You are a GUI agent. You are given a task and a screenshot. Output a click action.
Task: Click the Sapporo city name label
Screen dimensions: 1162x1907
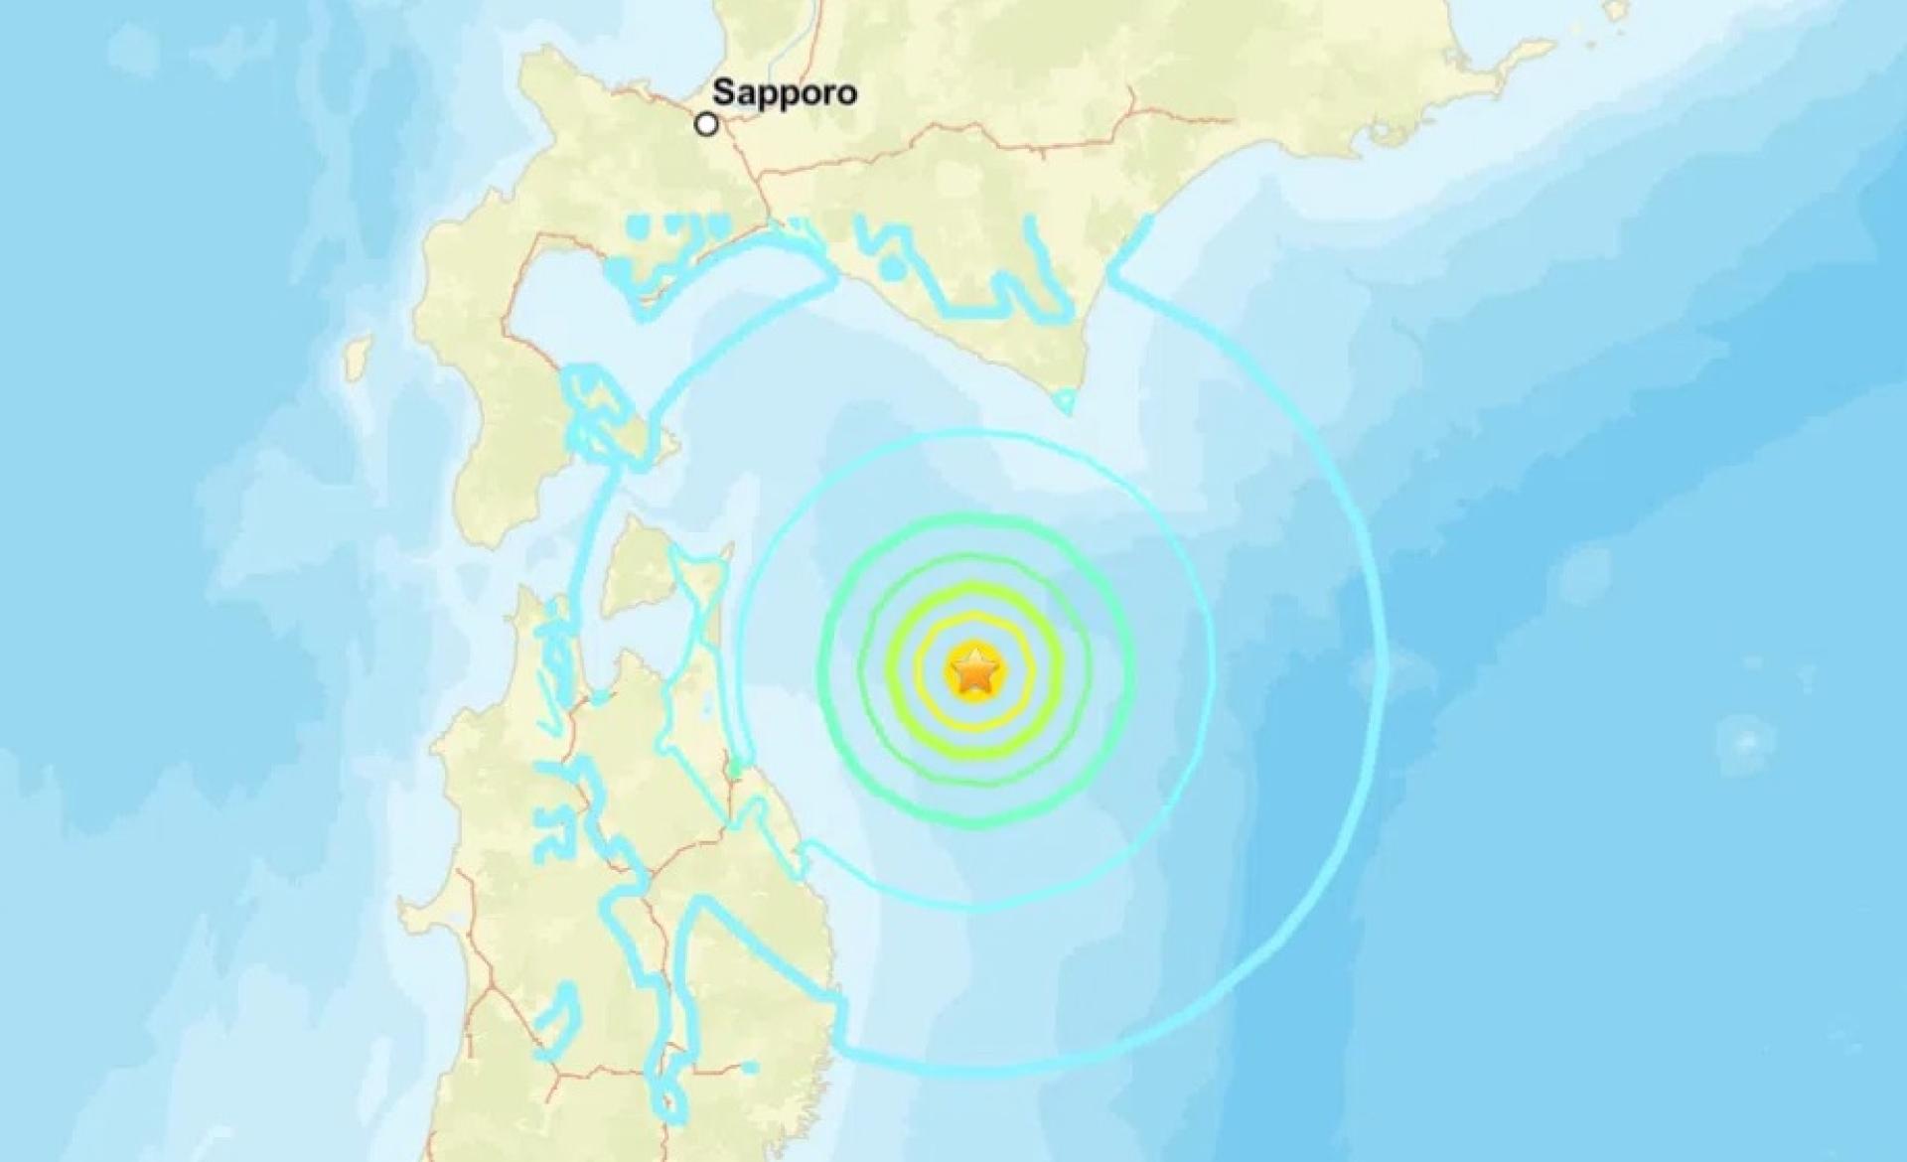[785, 93]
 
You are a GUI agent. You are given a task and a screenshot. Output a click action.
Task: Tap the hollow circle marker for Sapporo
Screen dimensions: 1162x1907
[706, 125]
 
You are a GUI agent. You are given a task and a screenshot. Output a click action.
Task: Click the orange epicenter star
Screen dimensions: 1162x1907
[974, 672]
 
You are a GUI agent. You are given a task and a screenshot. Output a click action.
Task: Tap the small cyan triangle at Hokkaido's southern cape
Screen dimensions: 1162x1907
[1064, 401]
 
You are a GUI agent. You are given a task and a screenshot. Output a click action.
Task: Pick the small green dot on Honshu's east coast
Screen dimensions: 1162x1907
[734, 771]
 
